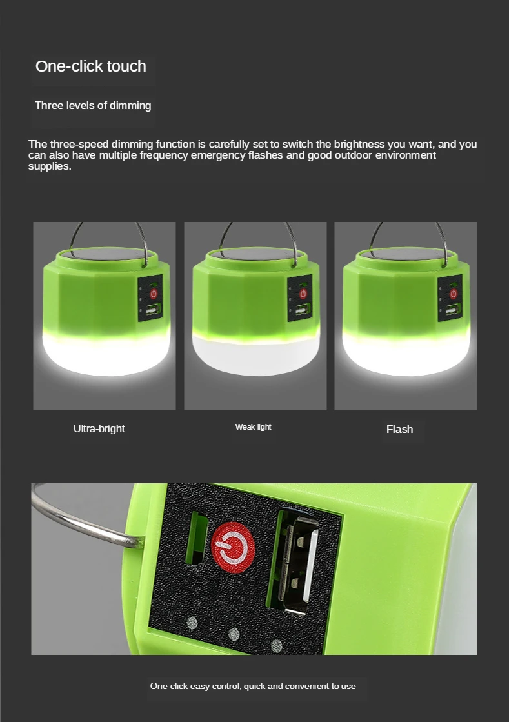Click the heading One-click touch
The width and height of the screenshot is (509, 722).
(90, 66)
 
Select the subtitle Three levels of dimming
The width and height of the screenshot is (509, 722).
(93, 105)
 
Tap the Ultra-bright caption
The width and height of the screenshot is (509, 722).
(99, 428)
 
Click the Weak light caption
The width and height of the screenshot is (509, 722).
(253, 427)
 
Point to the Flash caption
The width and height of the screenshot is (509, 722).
(399, 429)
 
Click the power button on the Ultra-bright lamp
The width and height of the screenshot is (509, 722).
(154, 294)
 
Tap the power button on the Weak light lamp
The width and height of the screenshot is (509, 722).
(303, 294)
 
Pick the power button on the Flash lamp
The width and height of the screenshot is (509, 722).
(454, 294)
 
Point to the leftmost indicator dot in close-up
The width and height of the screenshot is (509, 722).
(192, 623)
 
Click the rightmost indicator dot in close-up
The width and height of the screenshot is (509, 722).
(277, 645)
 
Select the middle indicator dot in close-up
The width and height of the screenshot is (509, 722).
(234, 634)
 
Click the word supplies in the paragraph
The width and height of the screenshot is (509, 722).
(49, 166)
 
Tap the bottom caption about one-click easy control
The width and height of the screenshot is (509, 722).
(253, 686)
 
